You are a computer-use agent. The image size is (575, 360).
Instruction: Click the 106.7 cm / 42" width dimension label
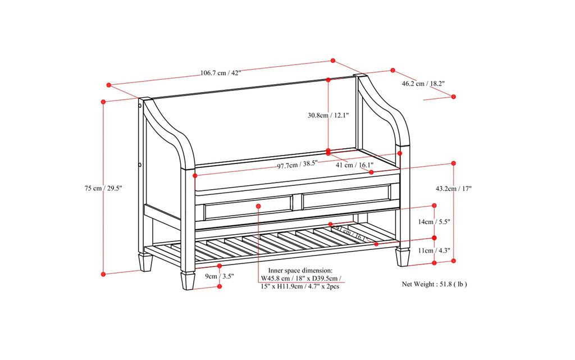pyautogui.click(x=221, y=73)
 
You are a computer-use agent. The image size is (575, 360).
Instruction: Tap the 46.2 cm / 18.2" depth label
pyautogui.click(x=423, y=84)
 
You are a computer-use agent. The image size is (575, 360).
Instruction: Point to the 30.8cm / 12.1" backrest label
pyautogui.click(x=328, y=115)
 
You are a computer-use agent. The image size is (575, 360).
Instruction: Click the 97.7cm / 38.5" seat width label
pyautogui.click(x=297, y=165)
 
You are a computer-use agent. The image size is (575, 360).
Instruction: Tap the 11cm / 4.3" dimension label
pyautogui.click(x=434, y=250)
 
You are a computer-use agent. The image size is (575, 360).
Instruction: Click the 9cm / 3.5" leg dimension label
pyautogui.click(x=219, y=276)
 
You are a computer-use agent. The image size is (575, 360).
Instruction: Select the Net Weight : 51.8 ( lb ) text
pyautogui.click(x=434, y=284)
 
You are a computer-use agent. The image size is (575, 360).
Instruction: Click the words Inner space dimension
pyautogui.click(x=300, y=270)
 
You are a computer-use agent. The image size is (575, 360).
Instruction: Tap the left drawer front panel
pyautogui.click(x=248, y=208)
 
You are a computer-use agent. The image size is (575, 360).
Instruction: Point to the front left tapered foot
pyautogui.click(x=188, y=280)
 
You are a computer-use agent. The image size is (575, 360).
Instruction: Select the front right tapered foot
pyautogui.click(x=403, y=257)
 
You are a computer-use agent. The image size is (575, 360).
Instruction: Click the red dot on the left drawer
pyautogui.click(x=258, y=207)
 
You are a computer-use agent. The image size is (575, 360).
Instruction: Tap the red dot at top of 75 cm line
pyautogui.click(x=103, y=102)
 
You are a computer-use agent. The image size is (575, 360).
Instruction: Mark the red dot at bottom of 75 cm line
pyautogui.click(x=103, y=274)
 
